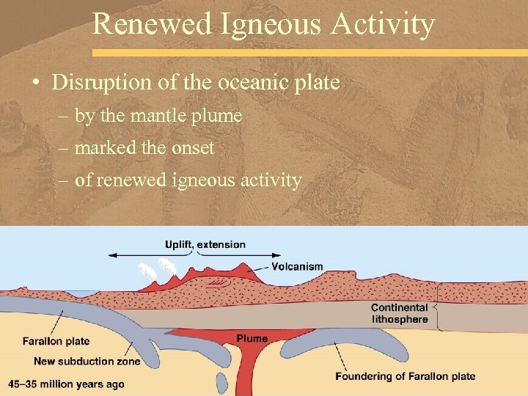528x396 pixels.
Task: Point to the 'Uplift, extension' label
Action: click(x=205, y=244)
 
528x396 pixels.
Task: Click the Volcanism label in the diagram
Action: click(x=297, y=266)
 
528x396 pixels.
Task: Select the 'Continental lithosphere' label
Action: click(x=399, y=313)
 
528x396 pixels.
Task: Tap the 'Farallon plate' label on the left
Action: click(x=56, y=341)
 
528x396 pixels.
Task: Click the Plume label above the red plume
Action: click(x=252, y=338)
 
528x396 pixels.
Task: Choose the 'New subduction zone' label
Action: click(x=87, y=361)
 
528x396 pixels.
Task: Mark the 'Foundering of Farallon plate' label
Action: click(x=405, y=376)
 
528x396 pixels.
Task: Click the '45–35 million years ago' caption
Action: click(x=66, y=384)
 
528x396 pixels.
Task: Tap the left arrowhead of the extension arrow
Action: click(x=112, y=254)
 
